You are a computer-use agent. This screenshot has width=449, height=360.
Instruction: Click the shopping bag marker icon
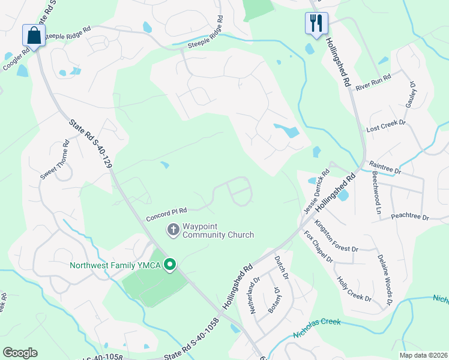pyautogui.click(x=34, y=35)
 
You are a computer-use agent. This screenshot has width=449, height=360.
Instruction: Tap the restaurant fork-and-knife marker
pyautogui.click(x=315, y=23)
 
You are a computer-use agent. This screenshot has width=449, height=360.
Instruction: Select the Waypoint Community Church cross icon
pyautogui.click(x=173, y=229)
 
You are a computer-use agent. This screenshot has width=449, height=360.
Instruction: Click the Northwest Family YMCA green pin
pyautogui.click(x=170, y=264)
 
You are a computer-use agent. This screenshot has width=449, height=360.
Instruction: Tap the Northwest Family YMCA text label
pyautogui.click(x=116, y=265)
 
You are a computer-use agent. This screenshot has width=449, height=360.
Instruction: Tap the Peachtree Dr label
pyautogui.click(x=410, y=216)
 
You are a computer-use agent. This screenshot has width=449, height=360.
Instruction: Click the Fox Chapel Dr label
pyautogui.click(x=318, y=246)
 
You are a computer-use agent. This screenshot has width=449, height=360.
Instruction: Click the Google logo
pyautogui.click(x=20, y=353)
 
